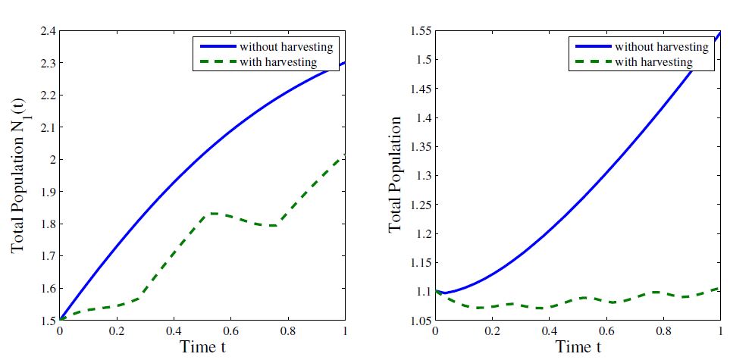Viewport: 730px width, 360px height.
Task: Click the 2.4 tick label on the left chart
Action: pyautogui.click(x=46, y=31)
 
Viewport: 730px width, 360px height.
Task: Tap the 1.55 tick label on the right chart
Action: pyautogui.click(x=418, y=31)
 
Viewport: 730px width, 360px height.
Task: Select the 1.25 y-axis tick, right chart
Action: pyautogui.click(x=418, y=205)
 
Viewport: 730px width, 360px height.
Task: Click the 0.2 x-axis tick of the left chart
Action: pyautogui.click(x=116, y=332)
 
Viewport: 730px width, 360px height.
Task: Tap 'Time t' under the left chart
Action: pyautogui.click(x=202, y=347)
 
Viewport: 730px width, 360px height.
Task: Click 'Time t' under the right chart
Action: pyautogui.click(x=578, y=347)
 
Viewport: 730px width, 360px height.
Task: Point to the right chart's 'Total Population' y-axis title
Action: pyautogui.click(x=395, y=174)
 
